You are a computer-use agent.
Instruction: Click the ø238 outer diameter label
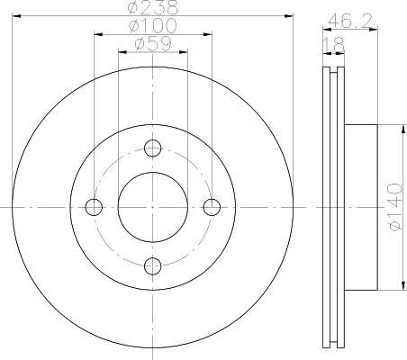click(x=153, y=7)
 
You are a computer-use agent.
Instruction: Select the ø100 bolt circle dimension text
click(x=152, y=25)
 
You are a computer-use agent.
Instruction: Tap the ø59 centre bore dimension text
click(x=153, y=44)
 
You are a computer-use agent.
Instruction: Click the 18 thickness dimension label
click(x=334, y=45)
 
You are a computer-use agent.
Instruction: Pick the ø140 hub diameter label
click(x=395, y=207)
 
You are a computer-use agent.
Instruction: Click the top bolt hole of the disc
click(x=153, y=148)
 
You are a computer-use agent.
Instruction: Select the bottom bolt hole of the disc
click(x=153, y=266)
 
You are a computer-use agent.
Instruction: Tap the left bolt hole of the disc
click(x=94, y=207)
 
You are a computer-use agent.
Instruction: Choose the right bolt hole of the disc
click(x=212, y=207)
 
